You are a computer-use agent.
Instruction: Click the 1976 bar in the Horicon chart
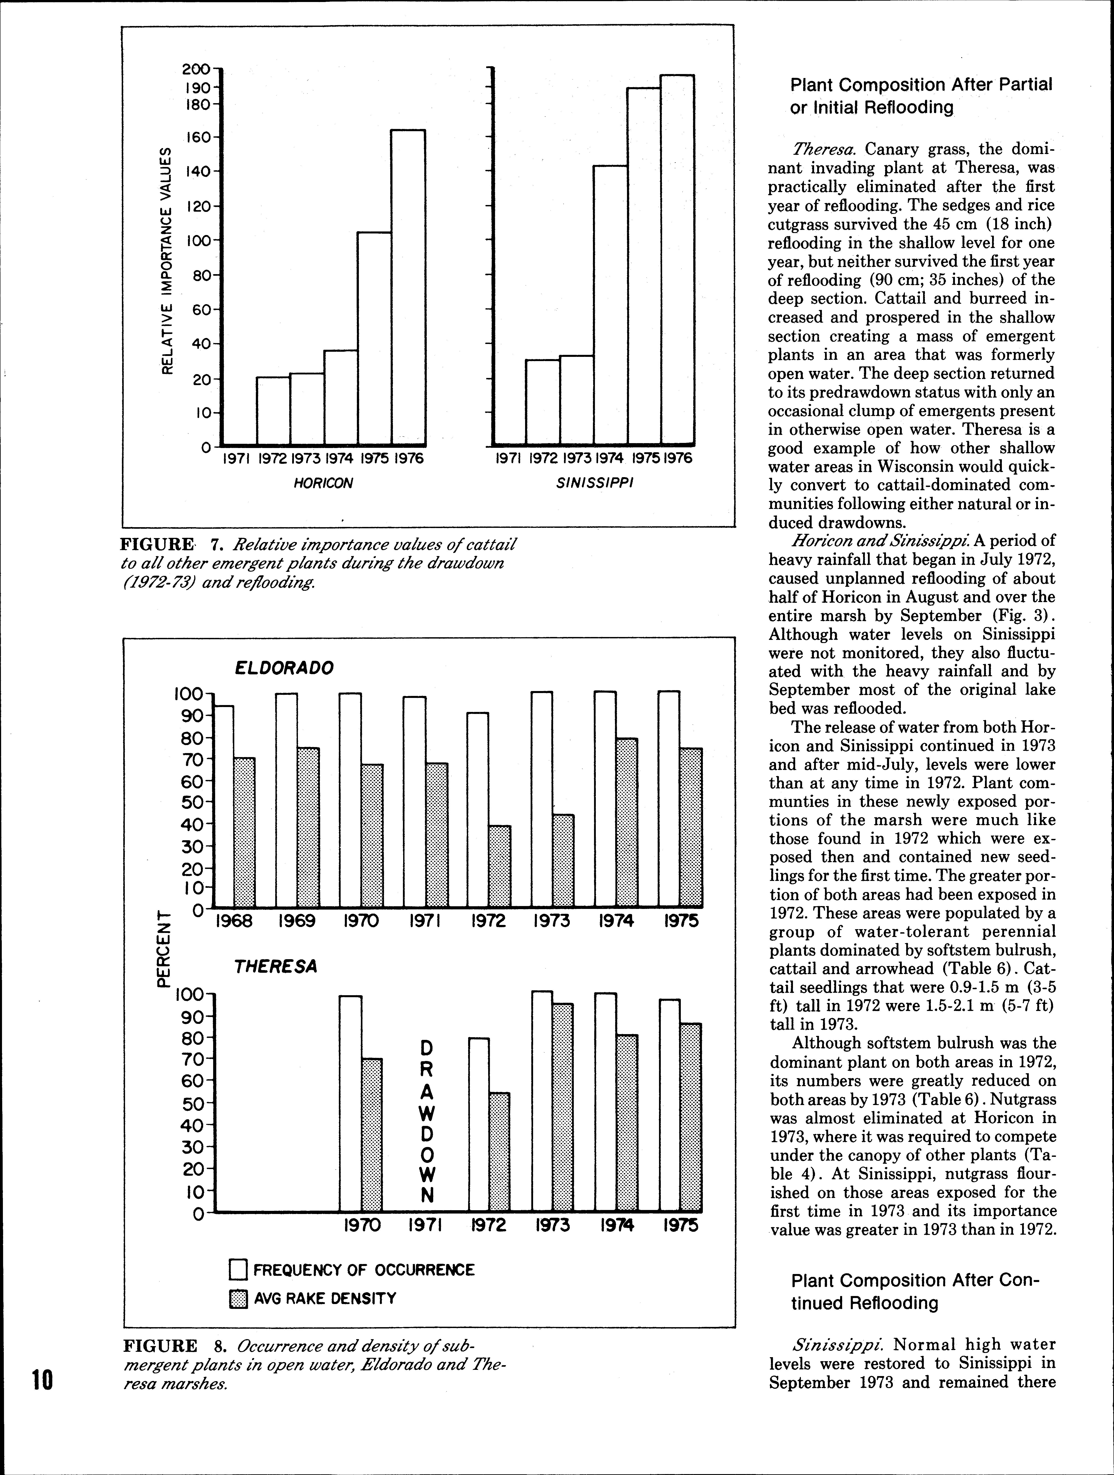pos(408,287)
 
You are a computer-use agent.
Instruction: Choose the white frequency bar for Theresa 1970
pos(350,1104)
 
